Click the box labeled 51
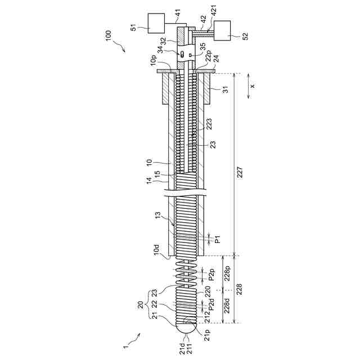pyautogui.click(x=156, y=22)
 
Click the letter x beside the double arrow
pyautogui.click(x=253, y=86)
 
